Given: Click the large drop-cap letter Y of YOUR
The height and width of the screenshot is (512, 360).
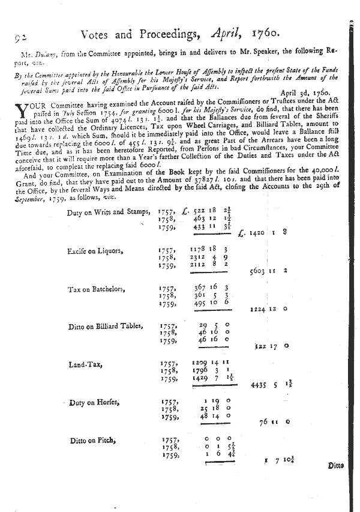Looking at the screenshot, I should (x=22, y=110).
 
